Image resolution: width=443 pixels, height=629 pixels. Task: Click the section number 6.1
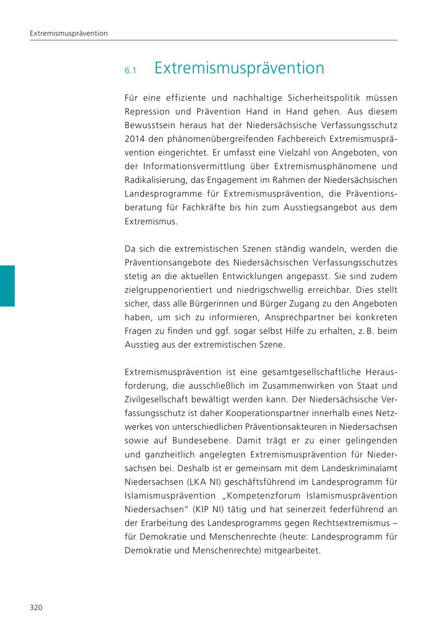click(x=130, y=71)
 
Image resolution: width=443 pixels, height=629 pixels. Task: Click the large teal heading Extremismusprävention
click(x=239, y=68)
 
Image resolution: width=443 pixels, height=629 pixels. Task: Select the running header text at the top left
click(x=68, y=34)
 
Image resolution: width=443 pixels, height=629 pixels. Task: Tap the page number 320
click(x=36, y=607)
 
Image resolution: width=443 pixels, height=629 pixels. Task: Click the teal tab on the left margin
click(x=7, y=286)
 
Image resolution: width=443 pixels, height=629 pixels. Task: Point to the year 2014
click(x=134, y=139)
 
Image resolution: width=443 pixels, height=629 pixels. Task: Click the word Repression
click(x=147, y=111)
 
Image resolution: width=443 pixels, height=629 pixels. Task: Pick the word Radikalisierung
click(x=155, y=180)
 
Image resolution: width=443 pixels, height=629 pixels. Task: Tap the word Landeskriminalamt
click(x=358, y=468)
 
